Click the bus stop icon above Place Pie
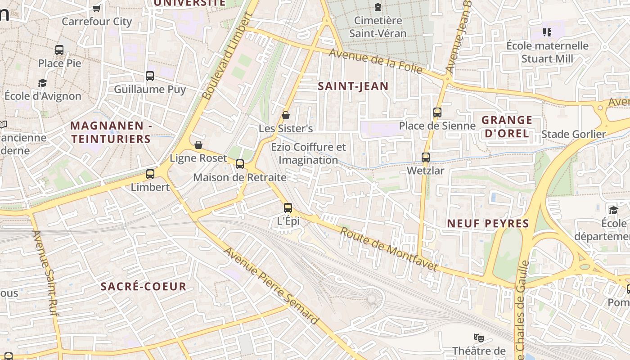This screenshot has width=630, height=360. tap(59, 50)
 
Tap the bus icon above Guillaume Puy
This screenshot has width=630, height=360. tap(150, 76)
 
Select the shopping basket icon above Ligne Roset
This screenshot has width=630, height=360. tap(198, 145)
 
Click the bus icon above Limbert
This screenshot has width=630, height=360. tap(150, 174)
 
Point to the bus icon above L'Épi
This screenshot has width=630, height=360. tap(288, 208)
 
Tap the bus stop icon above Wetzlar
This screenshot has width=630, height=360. tap(425, 157)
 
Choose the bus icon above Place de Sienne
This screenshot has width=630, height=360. tap(437, 112)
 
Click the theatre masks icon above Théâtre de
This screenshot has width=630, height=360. tap(479, 337)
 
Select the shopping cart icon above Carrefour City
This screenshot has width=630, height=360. tap(96, 8)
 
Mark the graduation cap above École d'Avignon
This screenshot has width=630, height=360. tap(43, 83)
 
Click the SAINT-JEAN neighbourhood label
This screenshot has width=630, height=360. tap(353, 86)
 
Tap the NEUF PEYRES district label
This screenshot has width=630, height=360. tap(488, 224)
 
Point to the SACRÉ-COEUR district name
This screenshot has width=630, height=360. tap(143, 287)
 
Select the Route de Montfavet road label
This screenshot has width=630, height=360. tap(389, 249)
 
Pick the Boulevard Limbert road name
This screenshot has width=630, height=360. tap(226, 57)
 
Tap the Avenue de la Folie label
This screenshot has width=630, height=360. tap(376, 61)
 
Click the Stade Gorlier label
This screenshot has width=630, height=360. tap(573, 134)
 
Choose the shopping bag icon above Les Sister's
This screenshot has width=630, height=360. tap(285, 116)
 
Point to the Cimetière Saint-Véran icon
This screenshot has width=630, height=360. tap(378, 7)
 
